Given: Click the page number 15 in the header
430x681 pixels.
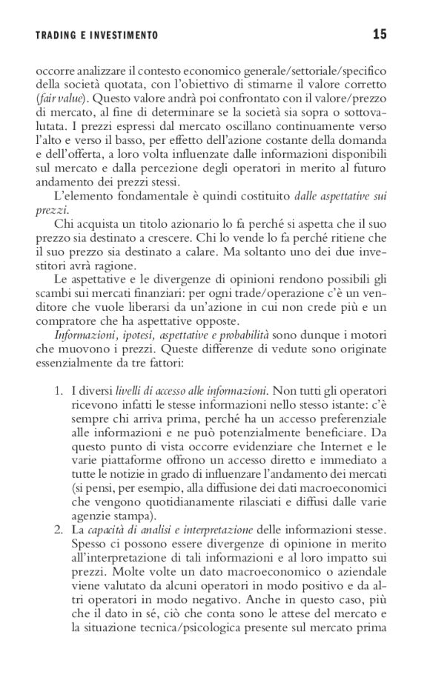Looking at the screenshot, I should pos(379,33).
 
